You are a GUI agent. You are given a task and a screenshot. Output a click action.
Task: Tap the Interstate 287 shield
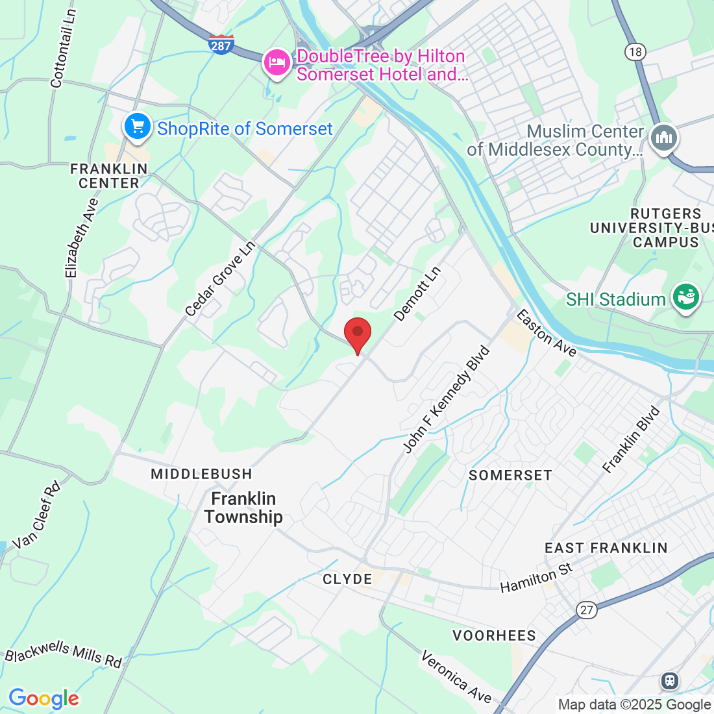[221, 44]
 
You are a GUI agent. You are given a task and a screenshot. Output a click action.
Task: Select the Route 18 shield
[635, 52]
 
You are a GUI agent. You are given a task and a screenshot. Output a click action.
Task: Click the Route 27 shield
[587, 609]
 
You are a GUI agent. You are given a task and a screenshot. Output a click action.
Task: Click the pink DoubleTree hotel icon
[277, 63]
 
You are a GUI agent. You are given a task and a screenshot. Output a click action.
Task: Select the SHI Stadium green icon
[685, 297]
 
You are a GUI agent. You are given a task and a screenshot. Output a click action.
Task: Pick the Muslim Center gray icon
[664, 138]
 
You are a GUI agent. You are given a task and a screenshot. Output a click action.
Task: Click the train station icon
[669, 680]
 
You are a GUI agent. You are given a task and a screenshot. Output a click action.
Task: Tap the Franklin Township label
[243, 508]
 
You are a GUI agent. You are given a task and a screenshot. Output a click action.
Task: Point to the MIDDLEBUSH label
[201, 474]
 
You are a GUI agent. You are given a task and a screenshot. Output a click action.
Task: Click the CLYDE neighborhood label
[347, 579]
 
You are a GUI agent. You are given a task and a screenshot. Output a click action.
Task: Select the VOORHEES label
[494, 635]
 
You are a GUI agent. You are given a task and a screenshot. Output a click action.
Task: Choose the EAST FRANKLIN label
[606, 548]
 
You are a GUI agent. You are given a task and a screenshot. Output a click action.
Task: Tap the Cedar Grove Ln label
[220, 280]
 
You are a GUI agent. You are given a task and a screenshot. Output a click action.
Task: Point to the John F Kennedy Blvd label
[446, 400]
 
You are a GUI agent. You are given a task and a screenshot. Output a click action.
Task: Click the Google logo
[43, 698]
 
